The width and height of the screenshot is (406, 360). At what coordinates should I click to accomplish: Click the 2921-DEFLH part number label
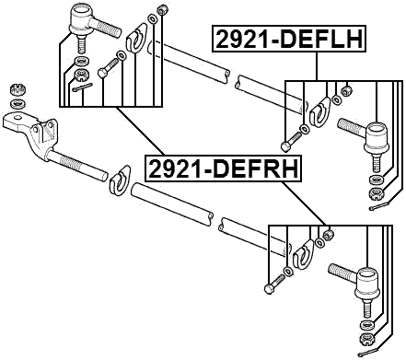(289, 40)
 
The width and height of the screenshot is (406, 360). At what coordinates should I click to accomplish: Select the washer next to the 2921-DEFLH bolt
(305, 128)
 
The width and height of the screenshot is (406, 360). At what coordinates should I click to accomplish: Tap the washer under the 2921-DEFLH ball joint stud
(375, 178)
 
